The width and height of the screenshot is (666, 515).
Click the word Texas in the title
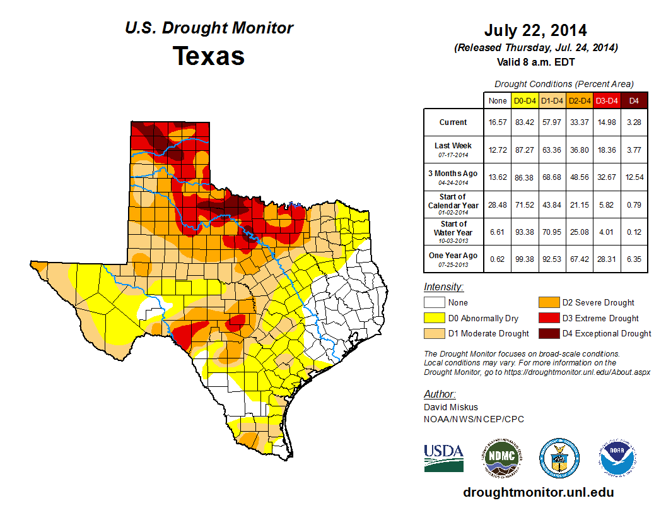(x=209, y=56)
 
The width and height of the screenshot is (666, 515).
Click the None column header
(x=498, y=100)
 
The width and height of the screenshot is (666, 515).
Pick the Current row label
(x=453, y=122)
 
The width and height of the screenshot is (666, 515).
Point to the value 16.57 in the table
(x=498, y=122)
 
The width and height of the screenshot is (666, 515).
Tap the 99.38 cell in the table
(x=525, y=259)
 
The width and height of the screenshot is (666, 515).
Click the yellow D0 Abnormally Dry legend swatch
(x=434, y=318)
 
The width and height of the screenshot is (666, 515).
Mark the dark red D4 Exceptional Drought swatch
(x=548, y=333)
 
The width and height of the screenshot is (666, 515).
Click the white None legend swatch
(x=434, y=303)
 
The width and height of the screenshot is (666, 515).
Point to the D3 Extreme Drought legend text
(x=600, y=318)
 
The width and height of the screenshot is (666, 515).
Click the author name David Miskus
(x=450, y=407)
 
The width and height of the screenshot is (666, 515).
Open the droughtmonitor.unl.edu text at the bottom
(x=538, y=492)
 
